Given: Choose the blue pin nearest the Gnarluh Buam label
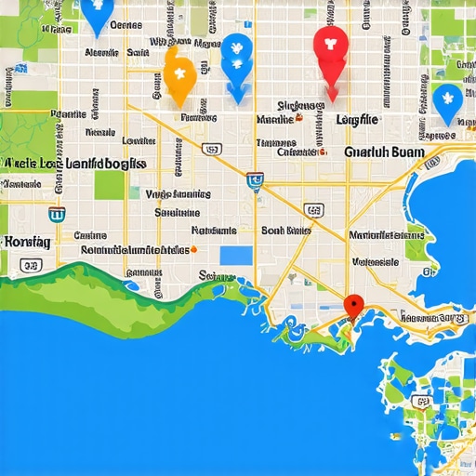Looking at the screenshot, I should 447,101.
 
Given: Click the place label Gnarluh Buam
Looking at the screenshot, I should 384,152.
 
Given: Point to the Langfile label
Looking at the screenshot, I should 356,119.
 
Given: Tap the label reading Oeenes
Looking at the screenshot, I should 131,26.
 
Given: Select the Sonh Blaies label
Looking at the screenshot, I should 285,230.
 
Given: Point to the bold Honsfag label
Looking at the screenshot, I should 27,241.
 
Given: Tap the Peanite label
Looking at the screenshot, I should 68,114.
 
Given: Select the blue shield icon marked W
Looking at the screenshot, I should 255,179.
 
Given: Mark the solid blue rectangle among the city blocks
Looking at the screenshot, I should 235,255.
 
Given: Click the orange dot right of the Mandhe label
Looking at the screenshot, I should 300,120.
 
